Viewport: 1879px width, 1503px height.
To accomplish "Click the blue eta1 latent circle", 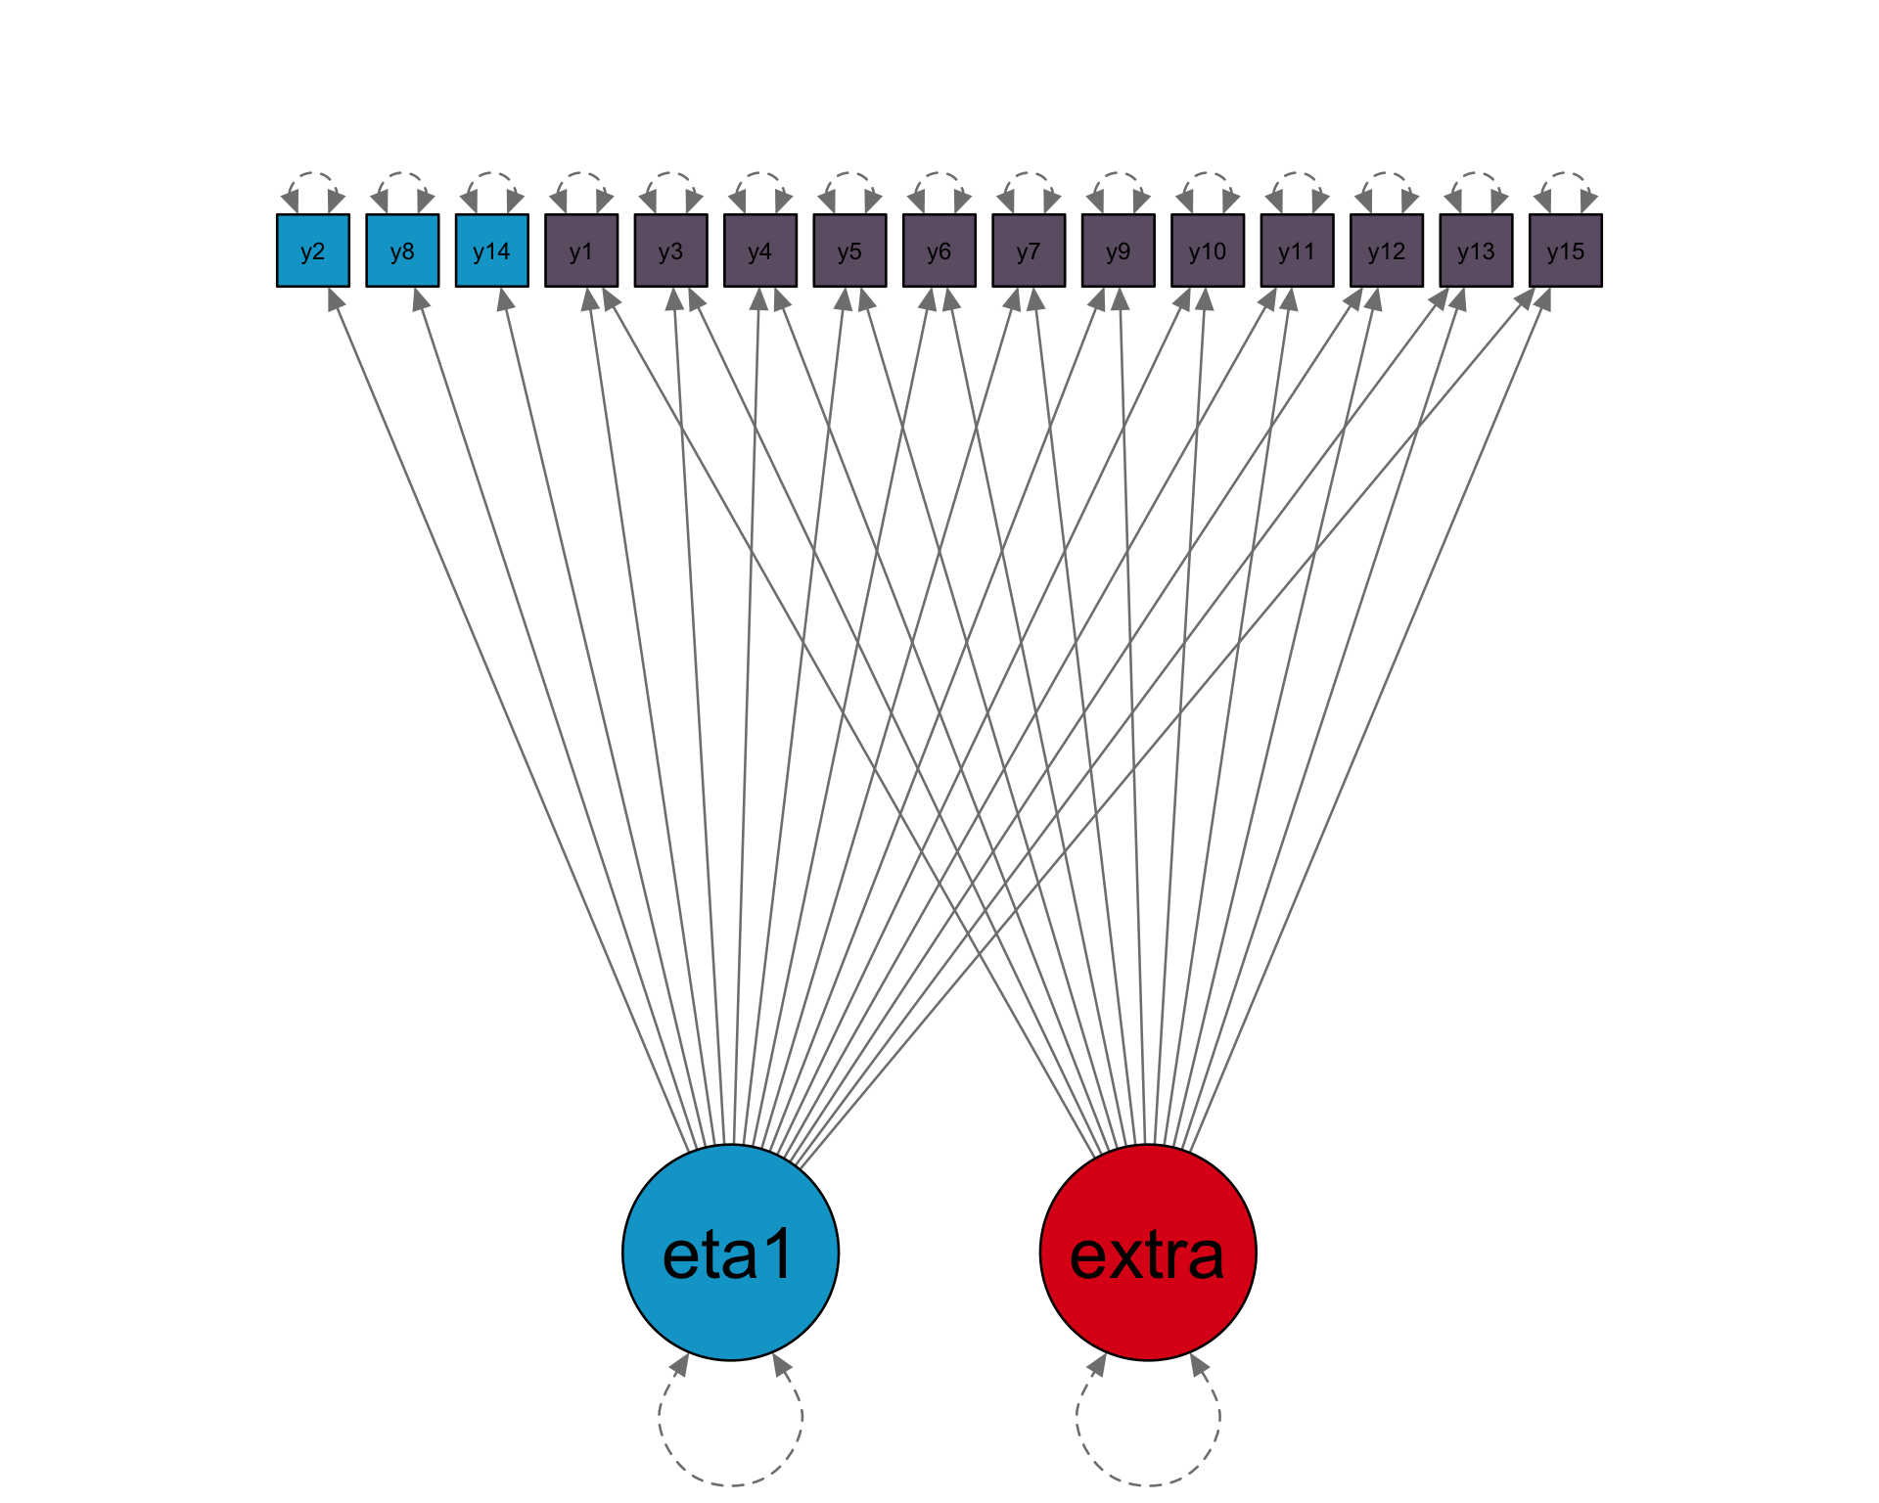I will coord(730,1252).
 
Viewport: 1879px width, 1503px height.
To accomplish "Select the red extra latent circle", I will coord(1148,1252).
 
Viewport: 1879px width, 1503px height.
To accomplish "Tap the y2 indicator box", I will coord(313,250).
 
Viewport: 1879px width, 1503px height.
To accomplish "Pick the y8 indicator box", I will coord(402,250).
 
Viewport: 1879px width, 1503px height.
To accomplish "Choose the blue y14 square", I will coord(492,250).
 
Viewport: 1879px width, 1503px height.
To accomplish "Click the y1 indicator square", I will coord(581,250).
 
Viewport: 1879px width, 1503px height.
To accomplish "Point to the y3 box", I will coord(670,250).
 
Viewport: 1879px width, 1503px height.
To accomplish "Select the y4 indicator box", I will coord(760,250).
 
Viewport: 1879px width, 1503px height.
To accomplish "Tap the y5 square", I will coord(849,250).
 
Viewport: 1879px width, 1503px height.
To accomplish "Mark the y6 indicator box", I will coord(939,250).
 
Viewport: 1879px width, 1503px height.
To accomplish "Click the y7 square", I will coord(1029,250).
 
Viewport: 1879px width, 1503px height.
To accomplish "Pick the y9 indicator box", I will coord(1118,250).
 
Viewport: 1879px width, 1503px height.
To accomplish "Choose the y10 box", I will coord(1208,250).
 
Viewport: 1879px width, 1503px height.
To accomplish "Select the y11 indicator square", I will coord(1297,250).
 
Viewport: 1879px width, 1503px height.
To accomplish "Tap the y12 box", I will coord(1387,250).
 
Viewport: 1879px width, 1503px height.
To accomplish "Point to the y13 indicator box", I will coord(1476,250).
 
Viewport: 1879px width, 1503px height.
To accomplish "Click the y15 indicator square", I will coord(1566,250).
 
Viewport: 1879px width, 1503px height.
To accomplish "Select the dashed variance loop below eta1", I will coord(730,1482).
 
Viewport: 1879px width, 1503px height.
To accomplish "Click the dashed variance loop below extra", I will coord(1148,1482).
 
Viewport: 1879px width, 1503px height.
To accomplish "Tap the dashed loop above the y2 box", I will coord(313,175).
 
